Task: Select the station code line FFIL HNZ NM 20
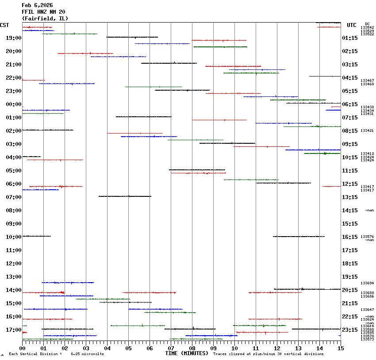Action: pyautogui.click(x=43, y=12)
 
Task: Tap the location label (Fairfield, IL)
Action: pyautogui.click(x=45, y=19)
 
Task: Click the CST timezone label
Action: pyautogui.click(x=4, y=25)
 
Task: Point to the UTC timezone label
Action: pyautogui.click(x=352, y=25)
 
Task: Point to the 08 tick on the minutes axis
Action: pyautogui.click(x=192, y=349)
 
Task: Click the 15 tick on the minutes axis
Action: pyautogui.click(x=341, y=349)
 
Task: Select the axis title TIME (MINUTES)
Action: pyautogui.click(x=187, y=353)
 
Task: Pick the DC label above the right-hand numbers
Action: pyautogui.click(x=367, y=24)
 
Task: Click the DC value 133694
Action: pyautogui.click(x=367, y=283)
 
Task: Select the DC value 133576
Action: pyautogui.click(x=367, y=237)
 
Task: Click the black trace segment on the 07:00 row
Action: pyautogui.click(x=125, y=196)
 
